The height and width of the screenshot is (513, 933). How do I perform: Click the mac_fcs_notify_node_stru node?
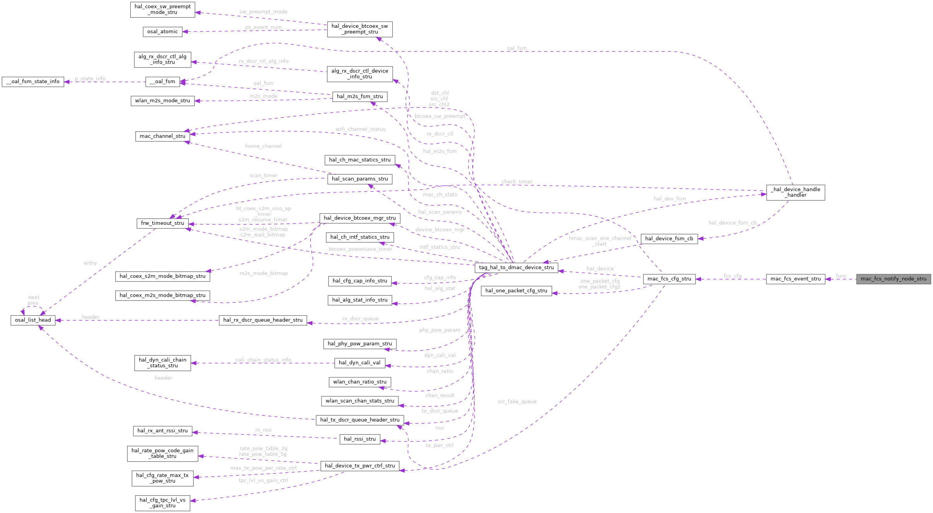tap(893, 279)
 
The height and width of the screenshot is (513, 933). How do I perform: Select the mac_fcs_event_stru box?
tap(795, 279)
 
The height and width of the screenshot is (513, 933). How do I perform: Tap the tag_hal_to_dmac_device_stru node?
tap(516, 267)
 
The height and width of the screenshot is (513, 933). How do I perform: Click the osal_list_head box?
tap(33, 320)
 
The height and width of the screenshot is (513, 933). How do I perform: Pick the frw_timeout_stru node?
tap(162, 223)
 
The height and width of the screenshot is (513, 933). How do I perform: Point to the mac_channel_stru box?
tap(162, 136)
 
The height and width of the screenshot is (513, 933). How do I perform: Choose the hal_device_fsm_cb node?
tap(669, 239)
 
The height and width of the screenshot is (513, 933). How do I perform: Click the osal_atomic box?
tap(162, 32)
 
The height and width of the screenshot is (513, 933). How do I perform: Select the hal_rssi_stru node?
tap(360, 439)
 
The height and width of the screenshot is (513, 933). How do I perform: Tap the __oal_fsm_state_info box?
tap(33, 82)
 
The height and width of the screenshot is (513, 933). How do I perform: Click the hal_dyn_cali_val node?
tap(360, 363)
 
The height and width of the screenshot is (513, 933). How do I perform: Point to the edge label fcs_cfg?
tap(732, 276)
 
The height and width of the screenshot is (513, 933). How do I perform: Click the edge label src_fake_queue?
tap(517, 402)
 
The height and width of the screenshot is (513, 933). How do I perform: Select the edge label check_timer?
tap(517, 182)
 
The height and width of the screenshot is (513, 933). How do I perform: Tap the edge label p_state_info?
tap(90, 79)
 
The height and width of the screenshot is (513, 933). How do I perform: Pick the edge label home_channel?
tap(263, 146)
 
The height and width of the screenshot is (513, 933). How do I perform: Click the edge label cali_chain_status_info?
tap(263, 360)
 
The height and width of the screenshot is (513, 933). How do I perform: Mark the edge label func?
tap(841, 276)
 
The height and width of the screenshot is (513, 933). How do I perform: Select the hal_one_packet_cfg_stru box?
tap(516, 291)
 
